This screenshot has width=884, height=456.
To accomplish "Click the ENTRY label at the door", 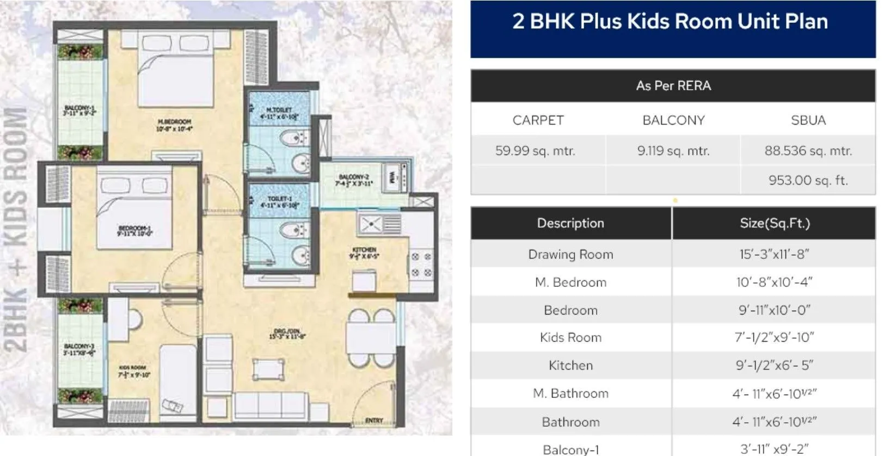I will click(x=374, y=420).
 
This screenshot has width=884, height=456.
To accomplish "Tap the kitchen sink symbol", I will click(x=372, y=224).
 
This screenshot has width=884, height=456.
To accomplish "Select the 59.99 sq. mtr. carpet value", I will click(x=535, y=151).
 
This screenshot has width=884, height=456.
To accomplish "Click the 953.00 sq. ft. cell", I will click(x=808, y=180).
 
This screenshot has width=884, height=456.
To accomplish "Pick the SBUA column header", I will click(x=808, y=120).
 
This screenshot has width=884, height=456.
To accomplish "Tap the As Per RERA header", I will click(x=673, y=86).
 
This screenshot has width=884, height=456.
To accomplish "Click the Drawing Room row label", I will click(x=570, y=254).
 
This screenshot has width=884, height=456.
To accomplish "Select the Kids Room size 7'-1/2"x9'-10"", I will click(x=774, y=337).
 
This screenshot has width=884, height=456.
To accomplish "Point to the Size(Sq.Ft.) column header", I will click(x=774, y=223).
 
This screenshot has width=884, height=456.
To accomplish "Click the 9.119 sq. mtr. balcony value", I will click(x=673, y=151).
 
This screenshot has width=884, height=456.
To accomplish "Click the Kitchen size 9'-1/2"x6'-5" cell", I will click(x=774, y=365).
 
